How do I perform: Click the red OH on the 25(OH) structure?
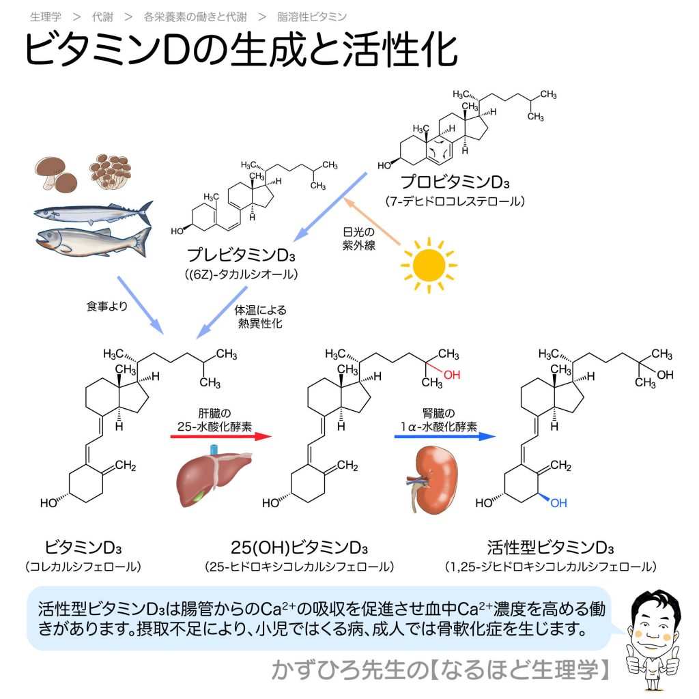coord(452,375)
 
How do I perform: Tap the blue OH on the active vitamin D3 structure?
coord(558,503)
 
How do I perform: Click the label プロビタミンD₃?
coord(455,183)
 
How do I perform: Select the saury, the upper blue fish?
coord(93,212)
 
